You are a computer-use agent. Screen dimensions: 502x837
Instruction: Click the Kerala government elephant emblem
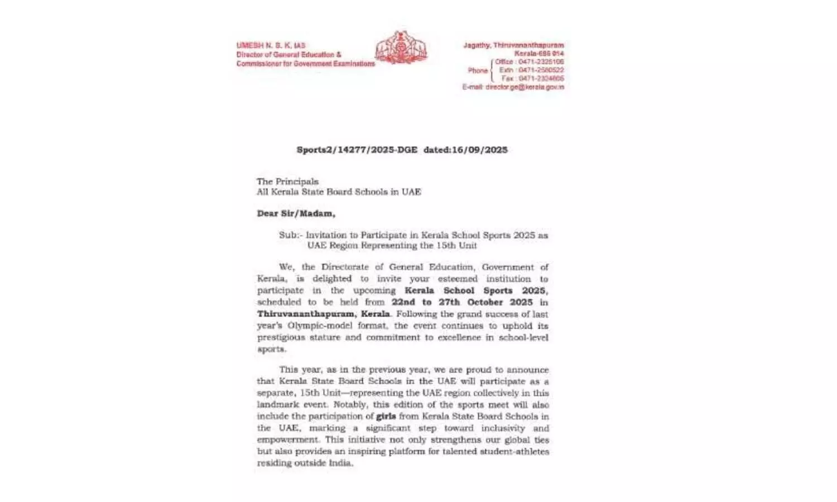[401, 48]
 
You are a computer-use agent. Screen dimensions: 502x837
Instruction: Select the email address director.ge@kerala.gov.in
[525, 87]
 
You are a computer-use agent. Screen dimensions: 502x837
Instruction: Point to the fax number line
[532, 79]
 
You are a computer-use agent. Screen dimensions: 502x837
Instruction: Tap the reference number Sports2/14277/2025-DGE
[357, 150]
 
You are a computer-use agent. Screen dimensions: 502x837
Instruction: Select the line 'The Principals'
[287, 181]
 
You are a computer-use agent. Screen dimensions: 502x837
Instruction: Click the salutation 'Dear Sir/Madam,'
[296, 213]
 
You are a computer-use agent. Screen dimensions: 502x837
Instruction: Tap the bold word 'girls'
[386, 416]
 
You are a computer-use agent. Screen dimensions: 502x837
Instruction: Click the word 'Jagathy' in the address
[477, 45]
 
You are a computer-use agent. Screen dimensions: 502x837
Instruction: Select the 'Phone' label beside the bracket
[478, 70]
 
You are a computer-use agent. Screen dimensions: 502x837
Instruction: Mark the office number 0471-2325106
[541, 62]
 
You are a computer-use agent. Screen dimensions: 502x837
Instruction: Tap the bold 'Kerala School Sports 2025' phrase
[475, 290]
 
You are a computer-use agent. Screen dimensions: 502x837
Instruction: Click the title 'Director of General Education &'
[288, 55]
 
